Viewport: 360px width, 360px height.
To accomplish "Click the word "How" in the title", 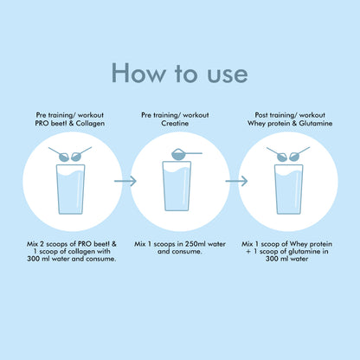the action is [x=138, y=73].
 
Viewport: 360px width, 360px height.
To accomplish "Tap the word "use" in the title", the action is [x=228, y=75].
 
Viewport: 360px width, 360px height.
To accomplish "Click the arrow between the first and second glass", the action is [x=125, y=181].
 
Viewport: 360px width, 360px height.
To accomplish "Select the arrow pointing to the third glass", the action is [x=236, y=181].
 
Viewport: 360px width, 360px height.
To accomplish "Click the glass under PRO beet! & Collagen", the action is [x=71, y=190].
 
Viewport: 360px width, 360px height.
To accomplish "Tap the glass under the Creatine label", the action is [x=177, y=186].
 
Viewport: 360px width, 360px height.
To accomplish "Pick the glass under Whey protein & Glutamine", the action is [x=289, y=190].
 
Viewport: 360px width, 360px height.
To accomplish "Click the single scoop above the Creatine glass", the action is [x=186, y=154].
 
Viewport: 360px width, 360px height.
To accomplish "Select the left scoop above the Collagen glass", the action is [x=60, y=154].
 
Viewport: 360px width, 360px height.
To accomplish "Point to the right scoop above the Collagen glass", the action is [x=81, y=154].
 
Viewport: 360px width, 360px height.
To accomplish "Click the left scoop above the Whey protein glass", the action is [x=277, y=154].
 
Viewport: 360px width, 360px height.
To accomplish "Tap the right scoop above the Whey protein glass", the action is [x=299, y=154].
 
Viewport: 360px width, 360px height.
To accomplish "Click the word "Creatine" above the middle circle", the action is [x=175, y=123].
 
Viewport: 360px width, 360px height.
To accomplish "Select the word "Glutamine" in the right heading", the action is [x=316, y=123].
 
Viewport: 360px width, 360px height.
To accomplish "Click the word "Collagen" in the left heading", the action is [x=90, y=124].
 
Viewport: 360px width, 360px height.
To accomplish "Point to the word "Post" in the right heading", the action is [x=261, y=115].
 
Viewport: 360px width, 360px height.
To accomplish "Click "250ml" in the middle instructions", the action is [x=195, y=244].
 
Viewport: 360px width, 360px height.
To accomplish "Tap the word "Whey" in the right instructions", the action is [x=299, y=244].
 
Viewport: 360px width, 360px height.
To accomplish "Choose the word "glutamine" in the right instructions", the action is [x=304, y=252].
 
